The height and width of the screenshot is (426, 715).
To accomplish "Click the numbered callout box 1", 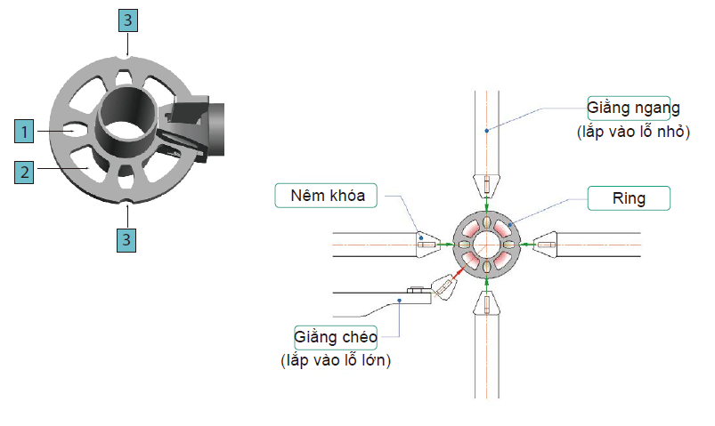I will coord(26,132).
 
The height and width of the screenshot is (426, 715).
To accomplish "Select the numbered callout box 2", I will coord(26,172).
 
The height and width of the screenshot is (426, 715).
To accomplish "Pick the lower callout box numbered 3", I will coord(130,238).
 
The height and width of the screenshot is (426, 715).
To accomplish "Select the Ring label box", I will coord(629,197).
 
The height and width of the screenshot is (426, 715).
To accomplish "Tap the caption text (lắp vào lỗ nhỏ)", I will coord(633,132).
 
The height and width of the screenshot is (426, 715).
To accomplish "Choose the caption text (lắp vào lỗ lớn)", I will coord(335,360).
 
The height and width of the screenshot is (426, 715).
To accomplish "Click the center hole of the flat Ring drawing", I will coord(486,243).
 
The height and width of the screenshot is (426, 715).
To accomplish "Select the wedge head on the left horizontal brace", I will coord(426,243).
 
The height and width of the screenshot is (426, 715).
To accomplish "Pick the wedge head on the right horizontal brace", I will coord(545,243).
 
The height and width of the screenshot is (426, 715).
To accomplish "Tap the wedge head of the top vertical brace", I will coord(487,185).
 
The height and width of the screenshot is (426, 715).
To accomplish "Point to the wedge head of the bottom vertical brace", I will coord(487,303).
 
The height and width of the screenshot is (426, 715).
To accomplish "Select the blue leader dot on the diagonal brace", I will coord(401,301).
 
